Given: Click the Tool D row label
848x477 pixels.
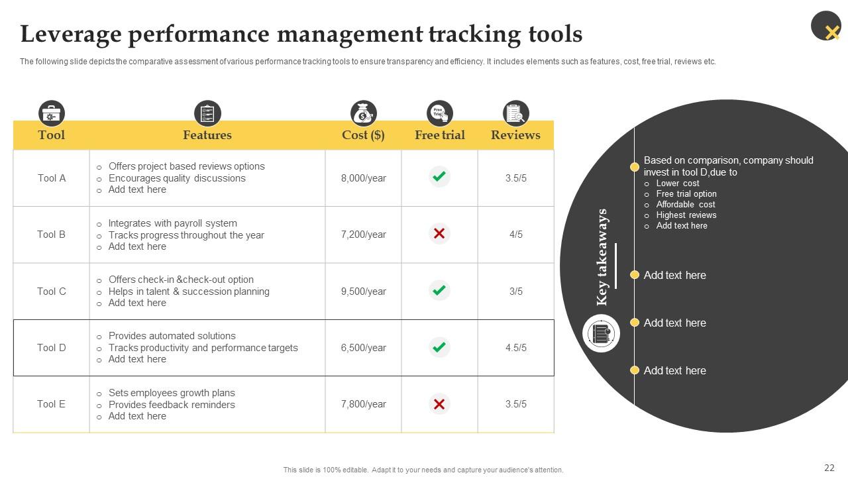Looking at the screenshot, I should tap(52, 348).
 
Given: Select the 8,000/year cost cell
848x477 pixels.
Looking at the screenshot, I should tap(363, 178).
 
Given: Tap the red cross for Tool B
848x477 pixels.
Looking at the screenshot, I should tap(439, 234).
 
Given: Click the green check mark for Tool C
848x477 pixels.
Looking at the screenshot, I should tap(439, 290).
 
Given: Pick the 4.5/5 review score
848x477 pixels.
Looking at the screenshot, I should tap(515, 348).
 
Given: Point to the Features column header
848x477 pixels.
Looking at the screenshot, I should tap(207, 135).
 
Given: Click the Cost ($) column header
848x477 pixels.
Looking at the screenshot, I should tap(363, 135).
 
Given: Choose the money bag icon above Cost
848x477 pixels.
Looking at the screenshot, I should tap(363, 113).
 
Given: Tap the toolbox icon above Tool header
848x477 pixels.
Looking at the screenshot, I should tap(52, 113).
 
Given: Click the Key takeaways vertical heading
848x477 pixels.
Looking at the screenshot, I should tap(602, 257).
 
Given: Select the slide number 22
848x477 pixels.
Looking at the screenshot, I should tap(829, 468).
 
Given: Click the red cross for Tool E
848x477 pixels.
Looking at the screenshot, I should tap(439, 404).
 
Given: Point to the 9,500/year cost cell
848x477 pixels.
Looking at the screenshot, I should tap(363, 291).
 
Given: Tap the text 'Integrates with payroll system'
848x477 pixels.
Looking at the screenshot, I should tap(172, 223).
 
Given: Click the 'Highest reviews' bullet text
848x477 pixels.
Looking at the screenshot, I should tap(686, 215).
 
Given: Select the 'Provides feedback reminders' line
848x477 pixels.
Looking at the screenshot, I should tap(172, 405).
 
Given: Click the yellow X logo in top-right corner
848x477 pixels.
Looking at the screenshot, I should tap(831, 31).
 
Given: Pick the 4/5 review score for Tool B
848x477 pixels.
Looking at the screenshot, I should tap(515, 235).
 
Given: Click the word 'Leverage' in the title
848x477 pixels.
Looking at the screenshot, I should tap(69, 34).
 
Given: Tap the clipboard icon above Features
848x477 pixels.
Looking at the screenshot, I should tap(207, 113).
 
